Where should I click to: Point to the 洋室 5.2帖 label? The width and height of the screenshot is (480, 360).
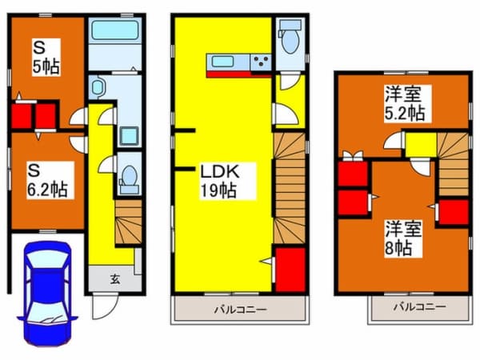[402, 102]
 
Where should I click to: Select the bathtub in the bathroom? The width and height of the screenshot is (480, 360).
[115, 34]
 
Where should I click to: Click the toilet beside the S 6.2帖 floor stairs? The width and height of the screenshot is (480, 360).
[129, 181]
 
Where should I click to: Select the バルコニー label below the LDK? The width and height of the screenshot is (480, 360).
[240, 309]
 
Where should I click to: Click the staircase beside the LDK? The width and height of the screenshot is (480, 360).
[290, 188]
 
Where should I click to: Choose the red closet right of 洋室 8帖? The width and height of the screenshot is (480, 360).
[454, 211]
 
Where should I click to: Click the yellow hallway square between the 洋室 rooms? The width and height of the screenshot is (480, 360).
[419, 144]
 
